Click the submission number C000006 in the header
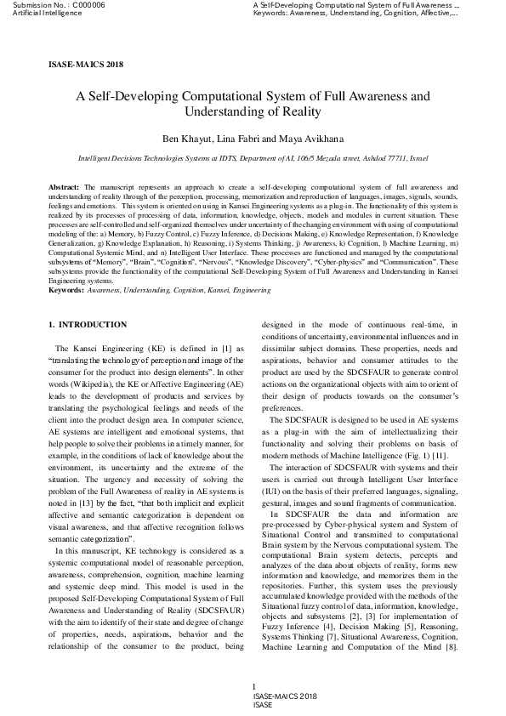pos(85,5)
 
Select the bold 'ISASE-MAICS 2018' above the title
pos(86,65)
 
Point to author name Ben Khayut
pos(185,139)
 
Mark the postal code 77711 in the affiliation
pos(392,158)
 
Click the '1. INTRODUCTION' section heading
pos(88,325)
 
